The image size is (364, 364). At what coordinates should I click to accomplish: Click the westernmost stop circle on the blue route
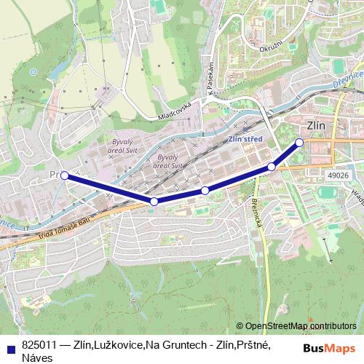(x=65, y=175)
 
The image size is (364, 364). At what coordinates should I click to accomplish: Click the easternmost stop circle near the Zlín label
(x=299, y=142)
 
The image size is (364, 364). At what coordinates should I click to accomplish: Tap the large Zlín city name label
(x=316, y=125)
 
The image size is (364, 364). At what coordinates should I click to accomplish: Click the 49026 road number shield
(x=339, y=175)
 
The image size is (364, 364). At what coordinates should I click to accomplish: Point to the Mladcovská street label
(x=175, y=110)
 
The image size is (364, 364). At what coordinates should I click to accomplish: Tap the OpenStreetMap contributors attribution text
(x=300, y=326)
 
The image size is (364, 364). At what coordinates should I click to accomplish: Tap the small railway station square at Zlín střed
(x=246, y=126)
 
